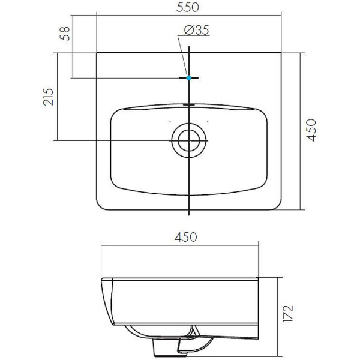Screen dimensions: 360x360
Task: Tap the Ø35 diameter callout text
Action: tap(194, 31)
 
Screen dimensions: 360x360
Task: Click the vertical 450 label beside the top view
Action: tap(310, 130)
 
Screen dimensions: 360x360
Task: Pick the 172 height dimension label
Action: tap(289, 313)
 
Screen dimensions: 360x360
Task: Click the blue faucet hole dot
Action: tap(189, 77)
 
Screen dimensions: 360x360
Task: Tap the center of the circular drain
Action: tap(189, 140)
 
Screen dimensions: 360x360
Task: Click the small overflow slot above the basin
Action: tap(189, 104)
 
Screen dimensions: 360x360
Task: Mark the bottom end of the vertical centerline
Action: tap(189, 214)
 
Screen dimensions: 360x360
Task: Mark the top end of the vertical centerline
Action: tap(189, 47)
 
